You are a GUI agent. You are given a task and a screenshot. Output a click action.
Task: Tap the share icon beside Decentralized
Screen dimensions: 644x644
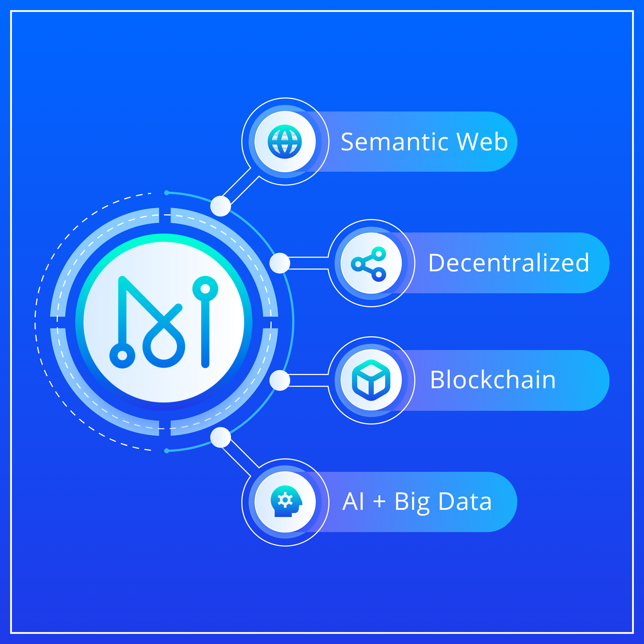point(368,264)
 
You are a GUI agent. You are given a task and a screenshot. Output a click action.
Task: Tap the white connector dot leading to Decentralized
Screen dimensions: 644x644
point(280,263)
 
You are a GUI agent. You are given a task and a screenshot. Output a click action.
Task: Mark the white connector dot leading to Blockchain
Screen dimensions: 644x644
point(280,380)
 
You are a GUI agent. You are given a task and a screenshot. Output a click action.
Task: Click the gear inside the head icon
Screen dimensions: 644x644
point(285,500)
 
